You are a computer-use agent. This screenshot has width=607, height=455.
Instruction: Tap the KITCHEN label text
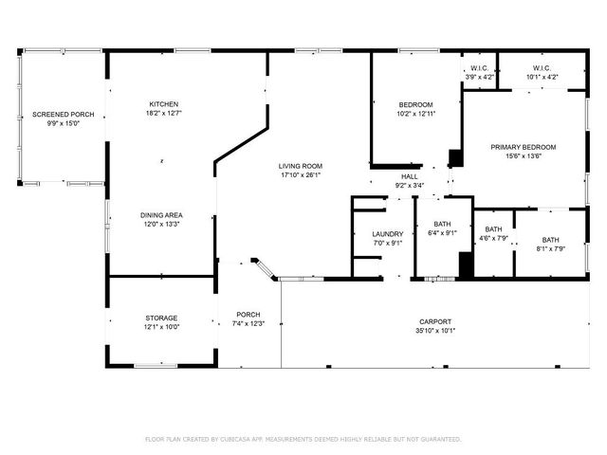163,104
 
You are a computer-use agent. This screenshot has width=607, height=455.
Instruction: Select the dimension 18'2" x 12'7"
163,114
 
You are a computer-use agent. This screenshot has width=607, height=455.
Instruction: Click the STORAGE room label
161,318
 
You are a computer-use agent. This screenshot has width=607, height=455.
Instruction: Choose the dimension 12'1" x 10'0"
161,327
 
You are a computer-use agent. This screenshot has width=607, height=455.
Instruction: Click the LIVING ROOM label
301,166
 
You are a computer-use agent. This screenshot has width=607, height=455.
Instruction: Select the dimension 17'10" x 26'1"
301,175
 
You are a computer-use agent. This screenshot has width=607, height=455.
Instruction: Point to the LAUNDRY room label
361,234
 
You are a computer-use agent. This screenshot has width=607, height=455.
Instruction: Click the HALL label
410,176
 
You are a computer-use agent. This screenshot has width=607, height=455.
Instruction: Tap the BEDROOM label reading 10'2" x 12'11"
415,104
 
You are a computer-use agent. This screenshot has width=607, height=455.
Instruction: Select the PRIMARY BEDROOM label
523,147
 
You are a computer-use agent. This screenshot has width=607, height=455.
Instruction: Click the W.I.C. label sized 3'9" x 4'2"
479,68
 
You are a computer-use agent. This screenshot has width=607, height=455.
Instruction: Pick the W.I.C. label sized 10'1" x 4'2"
542,68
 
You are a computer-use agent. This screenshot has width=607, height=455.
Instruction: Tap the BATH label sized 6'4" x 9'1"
443,224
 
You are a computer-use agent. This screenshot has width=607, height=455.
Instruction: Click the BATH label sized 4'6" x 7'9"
493,229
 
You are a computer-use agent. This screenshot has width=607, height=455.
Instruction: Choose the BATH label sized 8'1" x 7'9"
551,240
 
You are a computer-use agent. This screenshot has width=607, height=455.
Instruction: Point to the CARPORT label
435,321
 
